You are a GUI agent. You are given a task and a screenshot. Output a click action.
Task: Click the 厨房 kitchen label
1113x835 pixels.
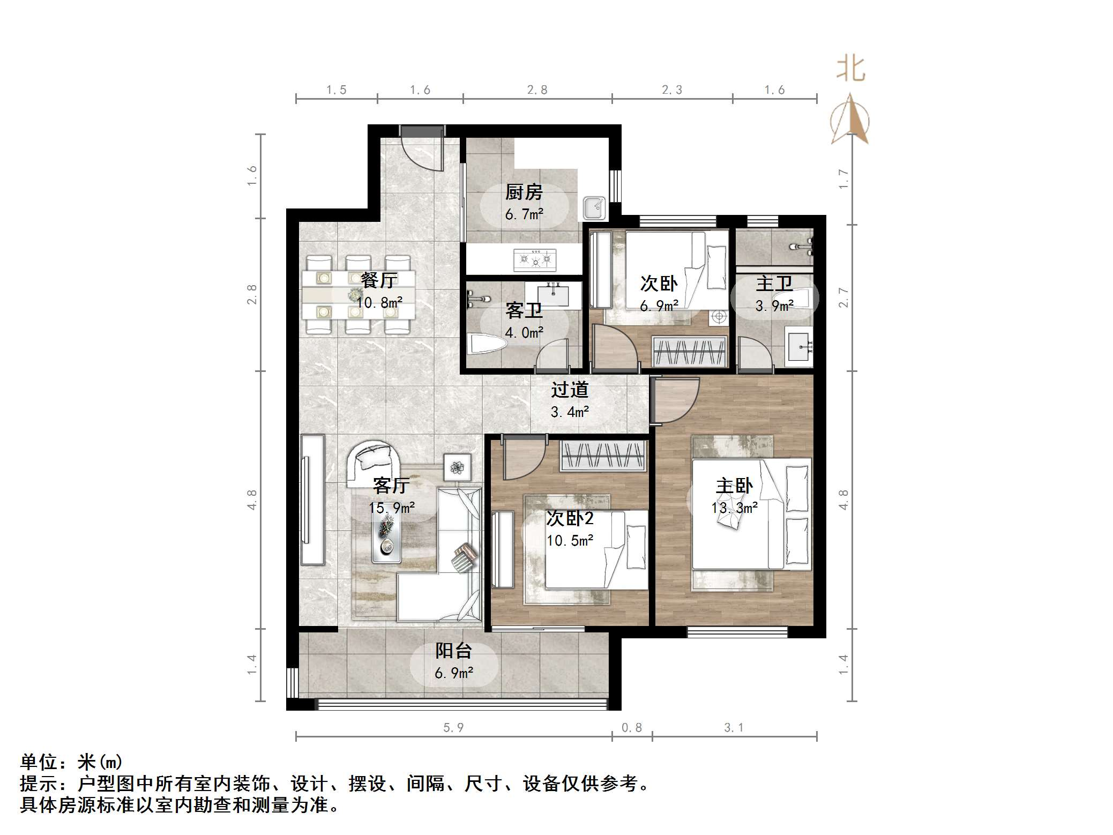pyautogui.click(x=524, y=192)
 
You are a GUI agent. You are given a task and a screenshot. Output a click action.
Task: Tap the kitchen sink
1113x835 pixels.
pyautogui.click(x=594, y=207)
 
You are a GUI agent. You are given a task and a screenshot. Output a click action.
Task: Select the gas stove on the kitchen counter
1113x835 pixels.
pyautogui.click(x=535, y=260)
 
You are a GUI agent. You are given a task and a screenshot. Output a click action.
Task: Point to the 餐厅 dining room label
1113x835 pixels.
pyautogui.click(x=379, y=280)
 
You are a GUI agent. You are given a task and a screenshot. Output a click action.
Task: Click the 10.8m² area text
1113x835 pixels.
pyautogui.click(x=379, y=303)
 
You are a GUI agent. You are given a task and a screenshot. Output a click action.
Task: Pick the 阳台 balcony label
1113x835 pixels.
pyautogui.click(x=453, y=651)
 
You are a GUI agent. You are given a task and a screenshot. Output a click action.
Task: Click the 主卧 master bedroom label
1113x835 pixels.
pyautogui.click(x=734, y=486)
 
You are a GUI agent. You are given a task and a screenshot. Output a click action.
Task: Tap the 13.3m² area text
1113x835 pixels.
pyautogui.click(x=734, y=508)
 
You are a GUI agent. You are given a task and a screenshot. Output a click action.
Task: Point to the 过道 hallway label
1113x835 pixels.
pyautogui.click(x=570, y=390)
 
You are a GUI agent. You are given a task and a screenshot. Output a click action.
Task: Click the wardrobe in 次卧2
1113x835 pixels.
pyautogui.click(x=602, y=455)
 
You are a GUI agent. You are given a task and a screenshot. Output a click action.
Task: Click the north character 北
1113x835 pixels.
pyautogui.click(x=850, y=69)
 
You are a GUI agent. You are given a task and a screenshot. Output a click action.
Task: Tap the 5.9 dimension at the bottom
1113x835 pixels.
pyautogui.click(x=453, y=727)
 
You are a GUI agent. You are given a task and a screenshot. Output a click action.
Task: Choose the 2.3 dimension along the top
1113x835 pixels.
pyautogui.click(x=672, y=90)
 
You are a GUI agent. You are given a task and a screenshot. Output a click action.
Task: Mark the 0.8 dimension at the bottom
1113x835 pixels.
pyautogui.click(x=632, y=727)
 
